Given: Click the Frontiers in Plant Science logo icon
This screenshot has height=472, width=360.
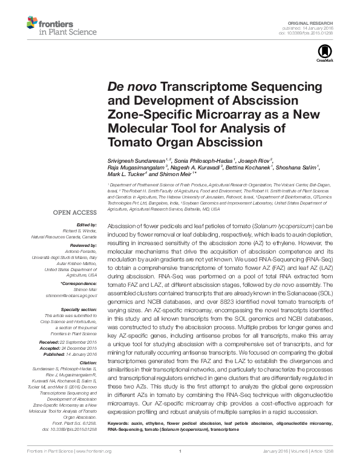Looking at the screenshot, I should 31,24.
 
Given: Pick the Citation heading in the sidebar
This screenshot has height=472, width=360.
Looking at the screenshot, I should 87,362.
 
